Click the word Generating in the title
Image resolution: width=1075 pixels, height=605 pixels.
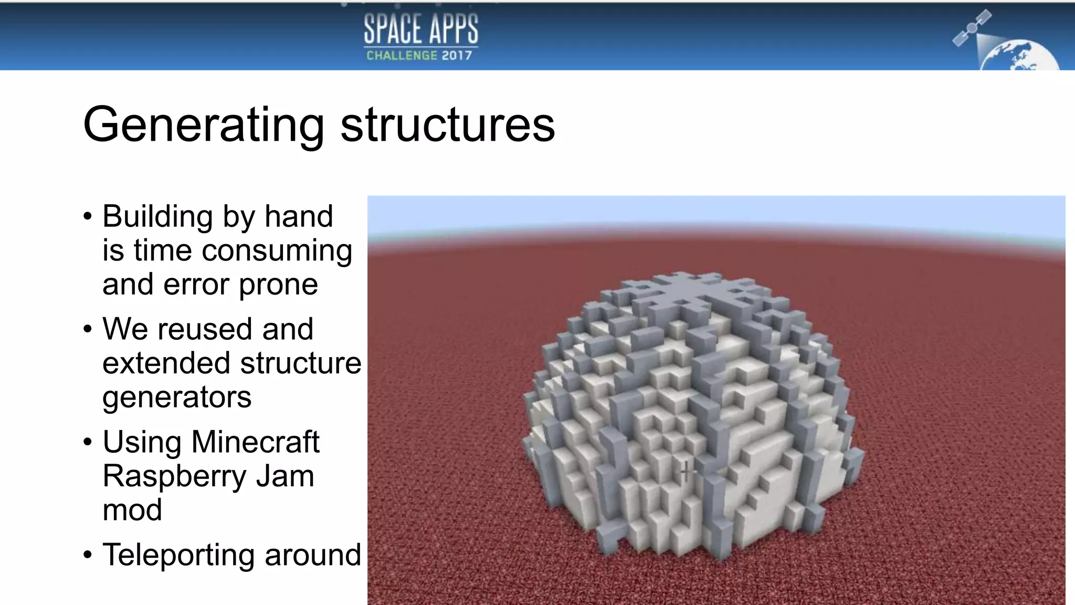tap(204, 125)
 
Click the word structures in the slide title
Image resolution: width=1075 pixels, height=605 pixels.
tap(448, 125)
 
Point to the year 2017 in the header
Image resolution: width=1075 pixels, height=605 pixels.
tap(457, 55)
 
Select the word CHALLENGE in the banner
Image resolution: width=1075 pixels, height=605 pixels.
tap(402, 55)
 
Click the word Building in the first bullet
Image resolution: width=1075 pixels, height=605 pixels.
tap(158, 216)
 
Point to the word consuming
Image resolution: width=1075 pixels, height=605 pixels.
tap(277, 251)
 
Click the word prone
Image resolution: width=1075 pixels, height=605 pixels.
tap(278, 285)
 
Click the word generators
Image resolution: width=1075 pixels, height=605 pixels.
tap(177, 398)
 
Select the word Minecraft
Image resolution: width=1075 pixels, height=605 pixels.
tap(255, 442)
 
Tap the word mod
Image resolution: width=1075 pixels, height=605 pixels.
tap(132, 510)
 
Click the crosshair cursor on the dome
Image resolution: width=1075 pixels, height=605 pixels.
tap(686, 471)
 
